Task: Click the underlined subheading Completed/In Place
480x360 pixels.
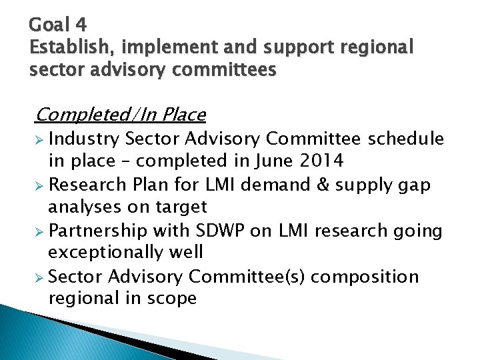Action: (x=120, y=115)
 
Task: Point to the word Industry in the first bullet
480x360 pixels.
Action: (x=84, y=139)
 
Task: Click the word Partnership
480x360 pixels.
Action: (x=98, y=231)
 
